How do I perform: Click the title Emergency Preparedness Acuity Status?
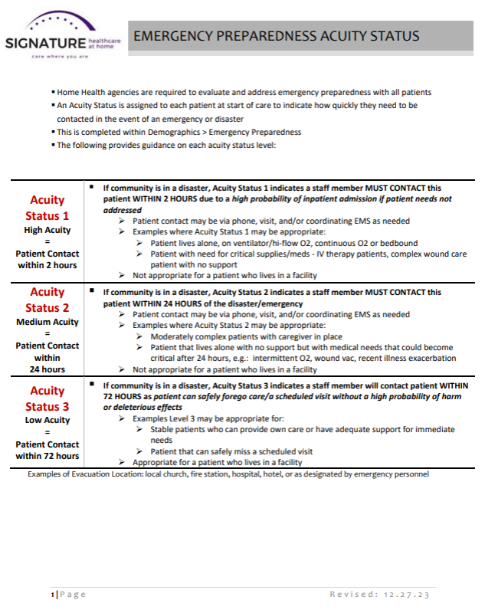pyautogui.click(x=276, y=36)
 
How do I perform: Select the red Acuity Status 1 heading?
pyautogui.click(x=48, y=208)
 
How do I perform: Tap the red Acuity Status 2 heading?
pyautogui.click(x=48, y=300)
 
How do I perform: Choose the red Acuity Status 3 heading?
pyautogui.click(x=48, y=398)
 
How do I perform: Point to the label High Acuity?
pyautogui.click(x=48, y=229)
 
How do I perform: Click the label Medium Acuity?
pyautogui.click(x=48, y=322)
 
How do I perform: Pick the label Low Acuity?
pyautogui.click(x=48, y=420)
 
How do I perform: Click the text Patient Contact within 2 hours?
pyautogui.click(x=48, y=259)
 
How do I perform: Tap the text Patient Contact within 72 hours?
pyautogui.click(x=48, y=450)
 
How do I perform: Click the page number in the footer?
pyautogui.click(x=52, y=595)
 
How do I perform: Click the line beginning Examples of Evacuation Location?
pyautogui.click(x=228, y=474)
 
